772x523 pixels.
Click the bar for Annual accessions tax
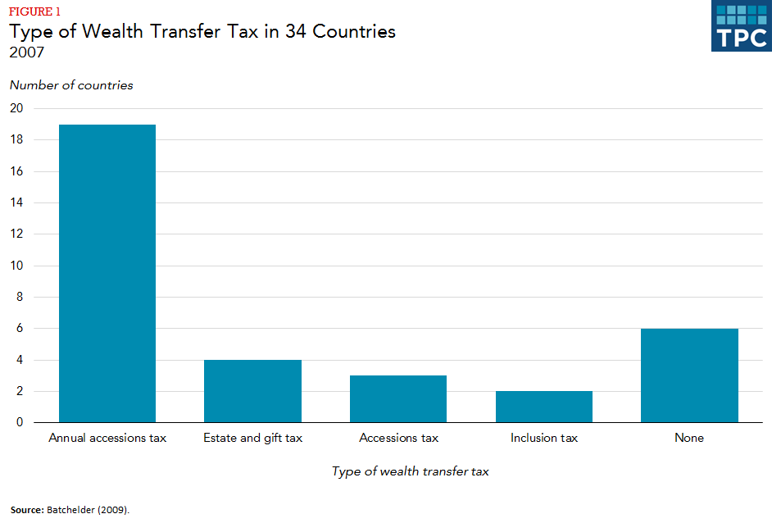107,273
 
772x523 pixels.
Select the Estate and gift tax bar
252,391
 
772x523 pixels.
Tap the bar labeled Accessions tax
398,399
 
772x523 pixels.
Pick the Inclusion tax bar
544,407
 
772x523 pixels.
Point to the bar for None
689,375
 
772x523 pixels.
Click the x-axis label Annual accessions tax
107,438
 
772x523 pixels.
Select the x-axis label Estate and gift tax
252,438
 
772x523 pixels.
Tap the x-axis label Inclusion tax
544,438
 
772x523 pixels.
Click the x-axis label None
689,438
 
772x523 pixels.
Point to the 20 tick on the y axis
16,108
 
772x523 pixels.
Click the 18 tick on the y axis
16,140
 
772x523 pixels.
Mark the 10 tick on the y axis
16,266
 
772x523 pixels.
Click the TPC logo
741,26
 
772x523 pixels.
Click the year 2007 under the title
27,52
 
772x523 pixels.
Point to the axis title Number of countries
71,85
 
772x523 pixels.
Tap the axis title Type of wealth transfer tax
411,471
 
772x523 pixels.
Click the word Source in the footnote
27,509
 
